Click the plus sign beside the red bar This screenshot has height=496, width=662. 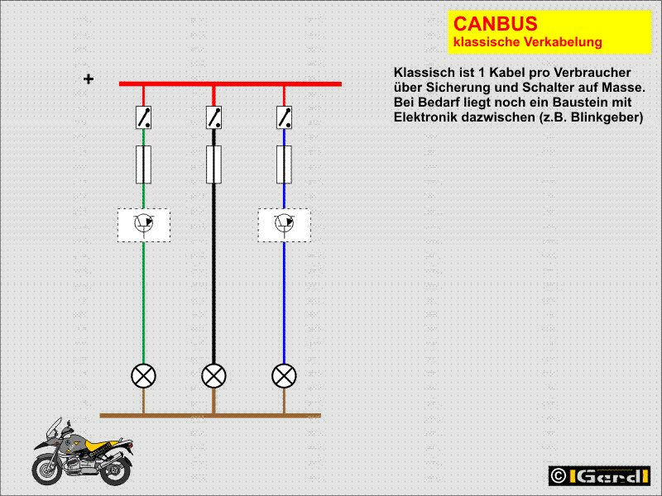click(x=89, y=79)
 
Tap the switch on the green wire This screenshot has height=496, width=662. click(x=144, y=117)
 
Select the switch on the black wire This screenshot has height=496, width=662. click(x=214, y=117)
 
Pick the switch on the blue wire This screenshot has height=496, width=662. click(x=285, y=117)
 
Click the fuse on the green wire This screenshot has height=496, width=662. click(x=144, y=164)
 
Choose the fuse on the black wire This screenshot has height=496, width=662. click(x=214, y=164)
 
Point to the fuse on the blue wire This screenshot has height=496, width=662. click(x=285, y=164)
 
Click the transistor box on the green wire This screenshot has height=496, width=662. click(x=144, y=224)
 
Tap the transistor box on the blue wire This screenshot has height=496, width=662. click(x=285, y=224)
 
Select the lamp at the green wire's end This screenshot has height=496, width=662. click(x=144, y=376)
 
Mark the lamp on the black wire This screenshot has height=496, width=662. click(x=214, y=376)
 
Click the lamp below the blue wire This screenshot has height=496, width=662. click(x=285, y=376)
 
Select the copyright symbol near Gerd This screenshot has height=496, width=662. click(x=559, y=476)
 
